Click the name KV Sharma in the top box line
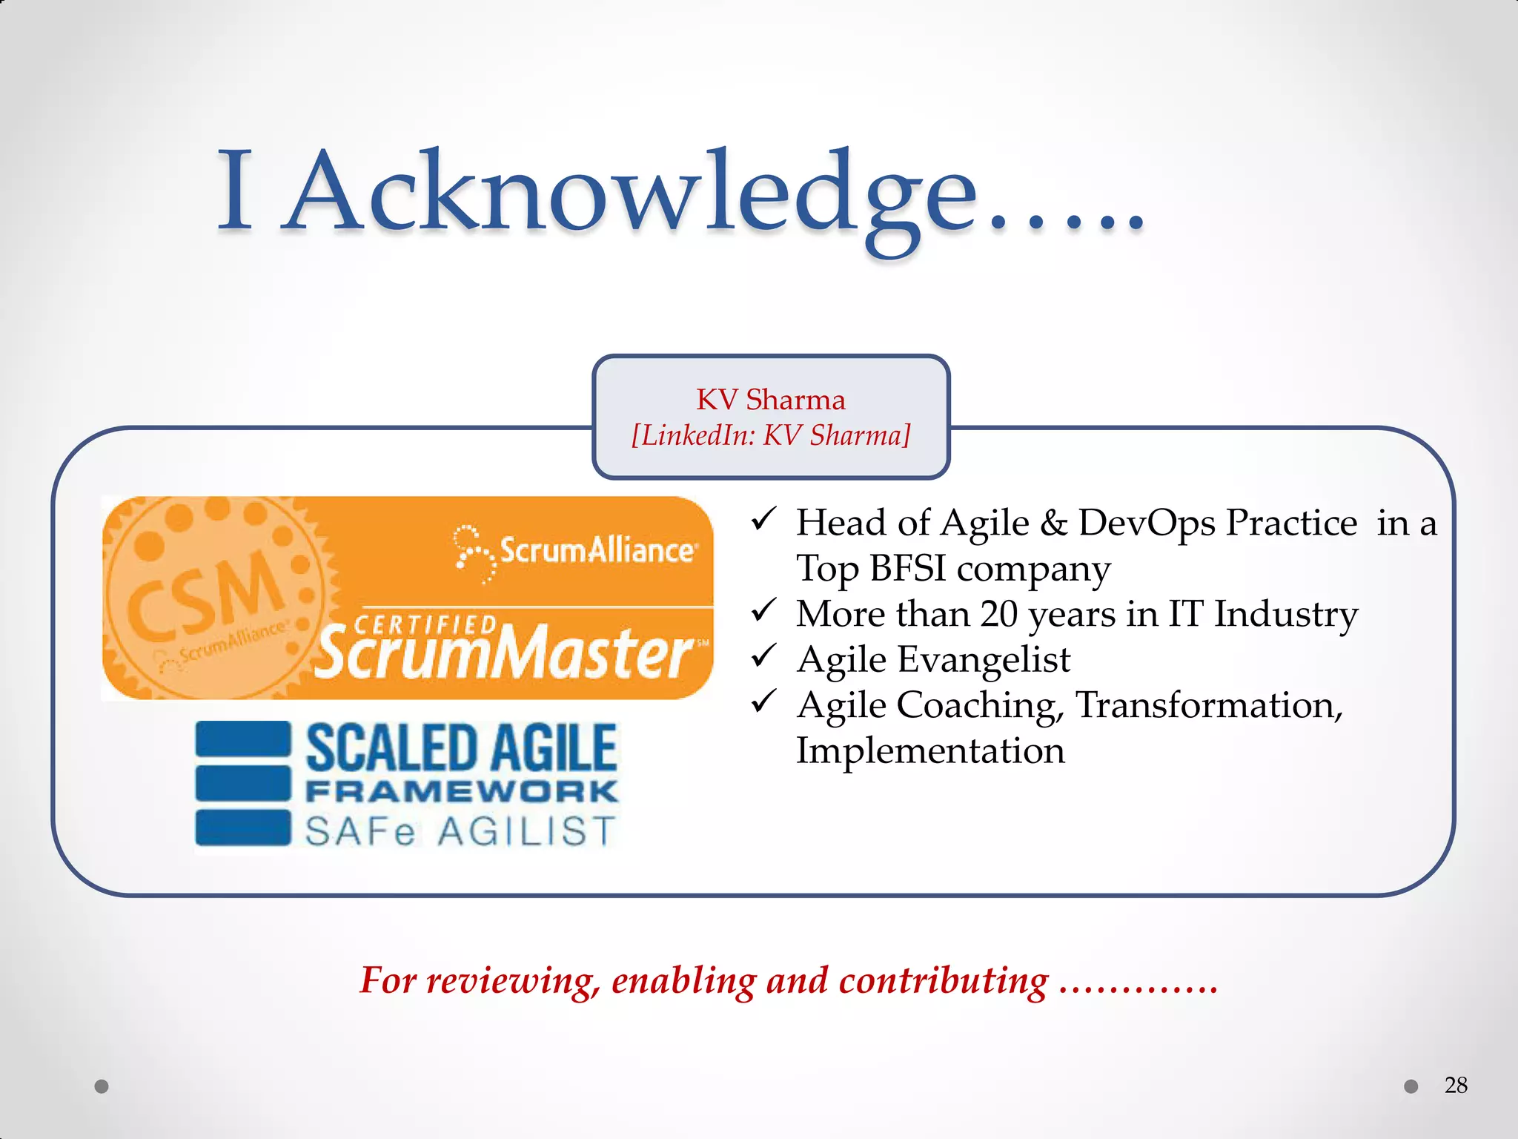coord(770,400)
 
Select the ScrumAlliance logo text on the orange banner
coord(597,550)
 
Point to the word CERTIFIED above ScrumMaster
coord(425,625)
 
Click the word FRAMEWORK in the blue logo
coord(461,791)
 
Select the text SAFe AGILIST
coord(460,831)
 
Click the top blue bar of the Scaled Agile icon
coord(242,739)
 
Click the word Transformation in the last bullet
coord(1207,705)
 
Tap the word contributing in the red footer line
coord(943,981)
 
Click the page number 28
coord(1456,1085)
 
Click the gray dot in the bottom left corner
coord(102,1086)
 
